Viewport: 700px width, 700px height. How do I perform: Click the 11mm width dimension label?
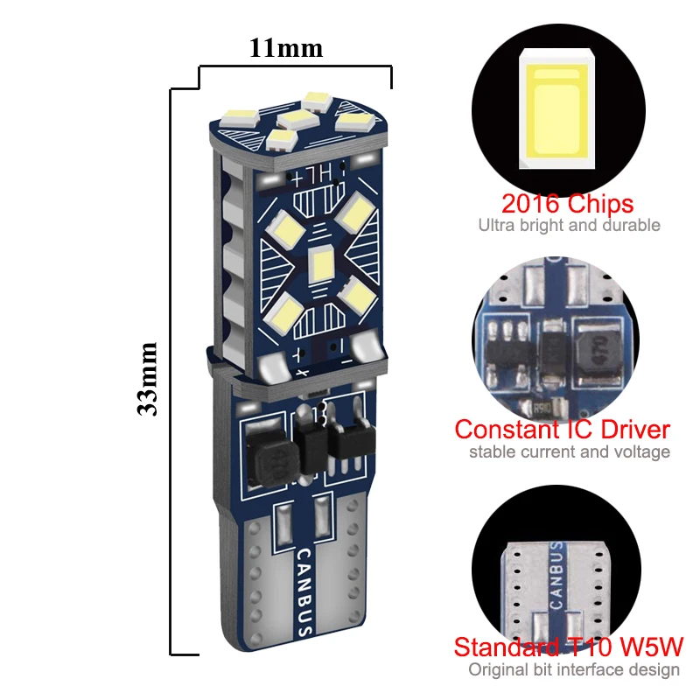[286, 47]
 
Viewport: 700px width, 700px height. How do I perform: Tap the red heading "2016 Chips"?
[567, 204]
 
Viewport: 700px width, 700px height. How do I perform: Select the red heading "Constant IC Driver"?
[563, 430]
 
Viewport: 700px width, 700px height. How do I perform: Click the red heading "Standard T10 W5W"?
[568, 648]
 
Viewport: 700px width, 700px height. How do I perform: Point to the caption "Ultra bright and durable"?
[569, 226]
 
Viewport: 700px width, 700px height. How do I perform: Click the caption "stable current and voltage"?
[570, 452]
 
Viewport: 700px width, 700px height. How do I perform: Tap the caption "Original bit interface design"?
[574, 670]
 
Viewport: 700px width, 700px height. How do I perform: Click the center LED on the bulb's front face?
[319, 260]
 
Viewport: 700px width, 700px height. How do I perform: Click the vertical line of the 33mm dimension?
[171, 367]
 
